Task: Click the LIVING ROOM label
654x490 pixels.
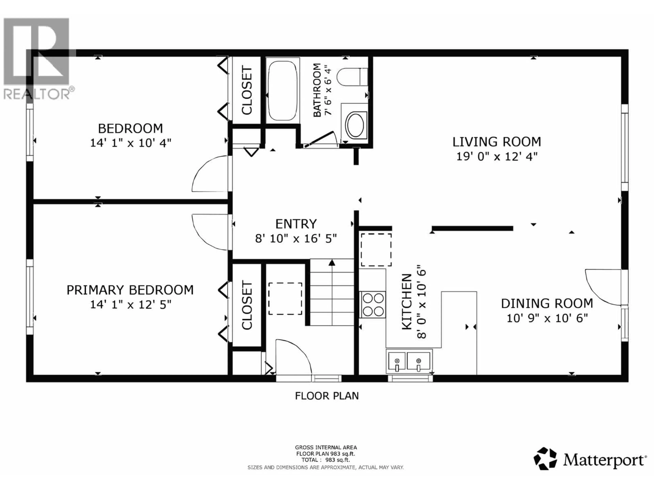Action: [497, 142]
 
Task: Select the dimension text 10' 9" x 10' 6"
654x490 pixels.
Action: [547, 318]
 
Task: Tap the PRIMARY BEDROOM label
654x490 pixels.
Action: [130, 290]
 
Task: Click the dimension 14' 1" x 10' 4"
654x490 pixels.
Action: [130, 143]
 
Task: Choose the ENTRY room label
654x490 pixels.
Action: [296, 224]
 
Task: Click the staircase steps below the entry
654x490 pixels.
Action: [332, 292]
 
